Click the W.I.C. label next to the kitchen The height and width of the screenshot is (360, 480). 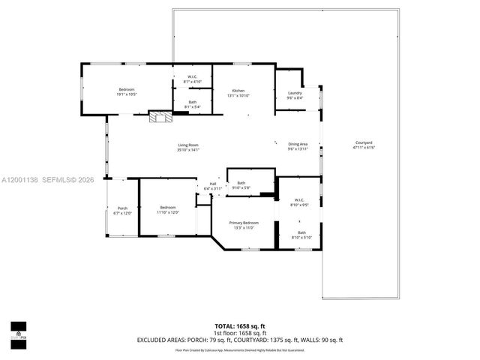pos(192,79)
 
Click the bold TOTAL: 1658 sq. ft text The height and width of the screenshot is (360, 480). pos(240,326)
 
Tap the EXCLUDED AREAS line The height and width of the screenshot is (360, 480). pos(240,340)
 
